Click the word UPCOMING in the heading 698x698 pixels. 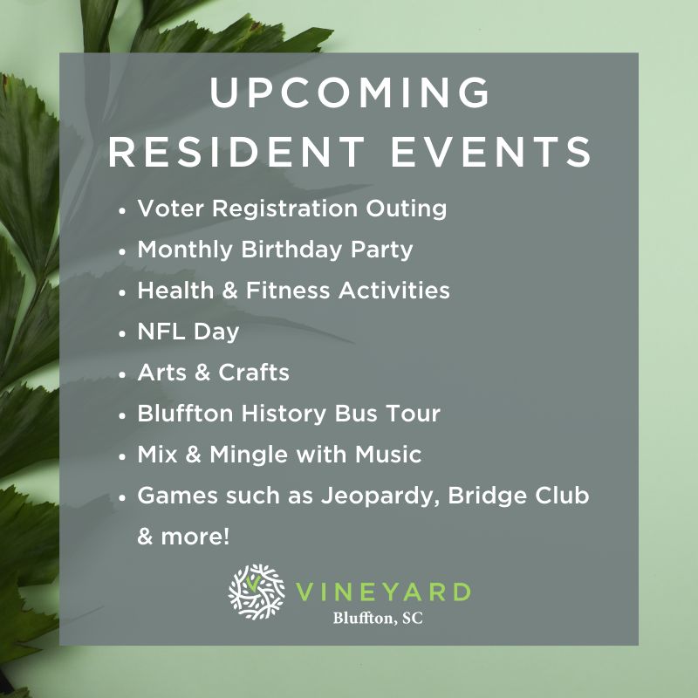tap(350, 92)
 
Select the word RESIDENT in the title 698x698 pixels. tap(236, 151)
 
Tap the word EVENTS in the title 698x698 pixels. tap(491, 151)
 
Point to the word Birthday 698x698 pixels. tap(291, 250)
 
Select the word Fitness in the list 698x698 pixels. tap(288, 291)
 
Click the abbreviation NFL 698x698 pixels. tap(161, 332)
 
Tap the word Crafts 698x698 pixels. tap(254, 373)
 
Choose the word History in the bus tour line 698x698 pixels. tap(284, 414)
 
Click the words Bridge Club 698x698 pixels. tap(518, 496)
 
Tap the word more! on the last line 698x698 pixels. tap(195, 537)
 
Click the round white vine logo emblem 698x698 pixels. tap(257, 592)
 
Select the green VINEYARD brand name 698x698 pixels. tap(383, 592)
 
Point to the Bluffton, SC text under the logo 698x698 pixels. tap(378, 618)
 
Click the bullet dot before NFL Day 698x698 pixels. tap(122, 333)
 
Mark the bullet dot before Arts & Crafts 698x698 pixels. tap(122, 374)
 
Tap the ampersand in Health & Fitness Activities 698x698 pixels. tap(229, 291)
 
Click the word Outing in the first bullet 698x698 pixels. tap(407, 209)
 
